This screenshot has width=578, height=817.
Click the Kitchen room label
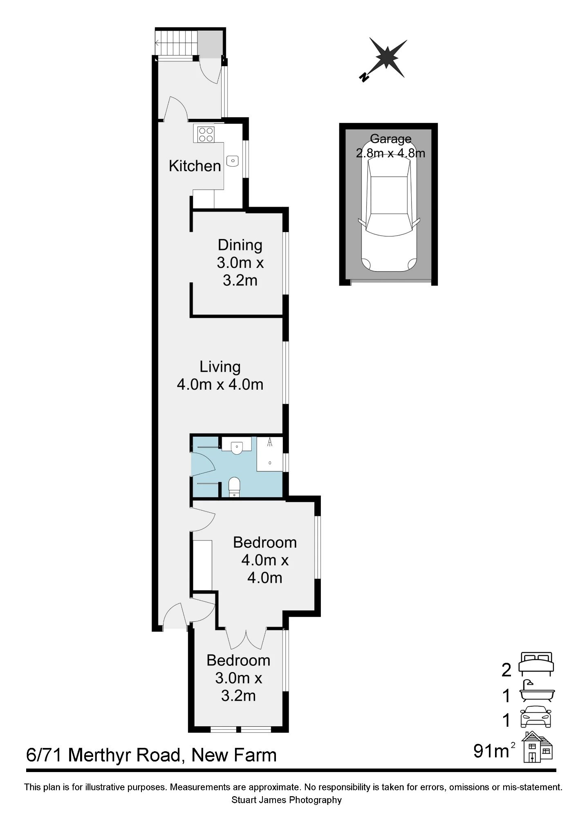click(x=195, y=166)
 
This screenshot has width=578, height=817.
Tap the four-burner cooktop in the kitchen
click(x=206, y=134)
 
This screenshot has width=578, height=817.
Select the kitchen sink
click(x=232, y=161)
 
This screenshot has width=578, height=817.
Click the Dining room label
click(x=240, y=245)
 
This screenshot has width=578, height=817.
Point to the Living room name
click(x=220, y=367)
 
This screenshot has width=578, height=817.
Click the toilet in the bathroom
click(x=234, y=487)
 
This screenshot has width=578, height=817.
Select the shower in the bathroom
click(x=270, y=454)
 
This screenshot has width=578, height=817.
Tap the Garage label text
click(x=391, y=139)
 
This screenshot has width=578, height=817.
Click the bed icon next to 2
click(x=536, y=664)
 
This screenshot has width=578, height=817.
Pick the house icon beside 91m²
click(x=538, y=747)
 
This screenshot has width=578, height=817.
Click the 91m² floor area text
click(x=494, y=750)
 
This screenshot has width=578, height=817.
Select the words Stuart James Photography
click(x=287, y=800)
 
